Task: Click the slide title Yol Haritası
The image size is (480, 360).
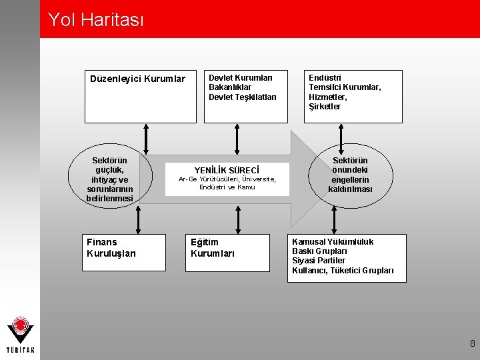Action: pyautogui.click(x=95, y=20)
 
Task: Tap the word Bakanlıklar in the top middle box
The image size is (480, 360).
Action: pyautogui.click(x=230, y=87)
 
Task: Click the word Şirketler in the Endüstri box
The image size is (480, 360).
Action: pyautogui.click(x=325, y=107)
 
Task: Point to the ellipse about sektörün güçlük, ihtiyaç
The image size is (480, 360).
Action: pyautogui.click(x=110, y=179)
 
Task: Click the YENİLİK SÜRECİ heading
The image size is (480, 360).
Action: pyautogui.click(x=227, y=170)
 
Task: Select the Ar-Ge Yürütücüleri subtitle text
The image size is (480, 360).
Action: pyautogui.click(x=227, y=183)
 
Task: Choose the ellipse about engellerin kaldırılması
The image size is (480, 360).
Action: pyautogui.click(x=350, y=175)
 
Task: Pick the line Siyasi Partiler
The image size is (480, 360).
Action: pyautogui.click(x=319, y=261)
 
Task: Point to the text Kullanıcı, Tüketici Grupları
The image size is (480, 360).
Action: pyautogui.click(x=343, y=270)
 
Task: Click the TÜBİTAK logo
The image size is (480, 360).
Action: pyautogui.click(x=21, y=336)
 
